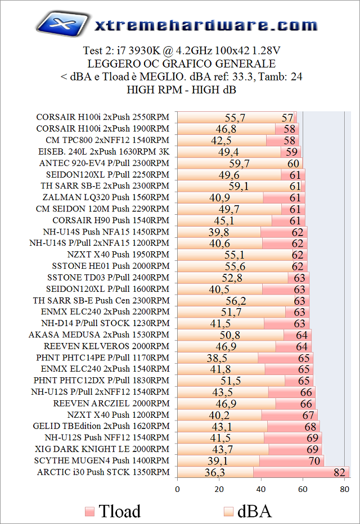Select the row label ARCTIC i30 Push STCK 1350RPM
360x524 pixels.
tap(103, 472)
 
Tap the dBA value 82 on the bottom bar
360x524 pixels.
tap(339, 472)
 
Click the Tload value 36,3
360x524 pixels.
tap(215, 472)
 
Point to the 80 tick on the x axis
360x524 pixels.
tap(344, 489)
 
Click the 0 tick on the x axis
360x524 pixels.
tap(177, 489)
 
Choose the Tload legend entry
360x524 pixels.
tap(112, 511)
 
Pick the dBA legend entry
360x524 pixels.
tap(247, 511)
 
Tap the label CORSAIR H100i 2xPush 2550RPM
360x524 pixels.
tap(102, 118)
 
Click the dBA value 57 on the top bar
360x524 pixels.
tap(288, 118)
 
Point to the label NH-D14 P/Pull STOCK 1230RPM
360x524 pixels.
tap(105, 323)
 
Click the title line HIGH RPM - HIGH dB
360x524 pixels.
tap(181, 90)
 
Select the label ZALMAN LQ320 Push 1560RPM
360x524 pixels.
tap(106, 197)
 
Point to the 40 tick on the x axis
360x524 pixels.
tap(261, 489)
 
